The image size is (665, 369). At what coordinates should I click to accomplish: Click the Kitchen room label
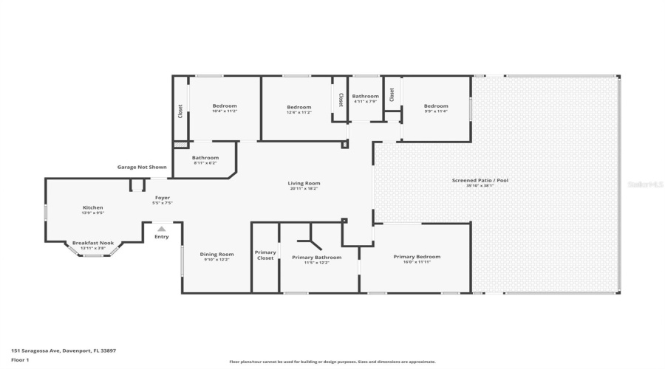(93, 207)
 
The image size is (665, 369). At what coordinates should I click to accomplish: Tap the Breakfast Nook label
(93, 242)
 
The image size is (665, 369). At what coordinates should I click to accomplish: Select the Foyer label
(161, 198)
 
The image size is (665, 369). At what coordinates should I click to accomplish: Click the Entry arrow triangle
(161, 229)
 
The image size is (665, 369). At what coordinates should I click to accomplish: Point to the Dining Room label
(216, 255)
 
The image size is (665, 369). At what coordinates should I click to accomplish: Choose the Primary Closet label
(265, 255)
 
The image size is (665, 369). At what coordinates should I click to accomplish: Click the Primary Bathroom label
(316, 257)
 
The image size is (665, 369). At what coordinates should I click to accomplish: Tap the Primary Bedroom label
(422, 257)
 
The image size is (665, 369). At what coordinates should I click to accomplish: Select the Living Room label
(304, 183)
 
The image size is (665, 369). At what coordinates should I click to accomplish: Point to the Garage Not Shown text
(142, 167)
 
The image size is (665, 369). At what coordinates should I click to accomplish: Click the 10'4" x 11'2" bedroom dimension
(225, 111)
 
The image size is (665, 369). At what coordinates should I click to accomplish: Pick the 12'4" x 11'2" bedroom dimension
(299, 112)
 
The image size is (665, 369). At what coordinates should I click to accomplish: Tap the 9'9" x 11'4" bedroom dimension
(436, 111)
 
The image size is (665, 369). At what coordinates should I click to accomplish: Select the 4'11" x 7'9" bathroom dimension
(365, 102)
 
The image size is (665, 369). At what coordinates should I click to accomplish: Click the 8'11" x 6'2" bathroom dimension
(205, 162)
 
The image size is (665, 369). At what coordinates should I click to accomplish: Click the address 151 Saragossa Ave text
(62, 351)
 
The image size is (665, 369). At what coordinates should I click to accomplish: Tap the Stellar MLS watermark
(645, 184)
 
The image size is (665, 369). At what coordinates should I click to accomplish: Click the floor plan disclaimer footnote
(332, 362)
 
